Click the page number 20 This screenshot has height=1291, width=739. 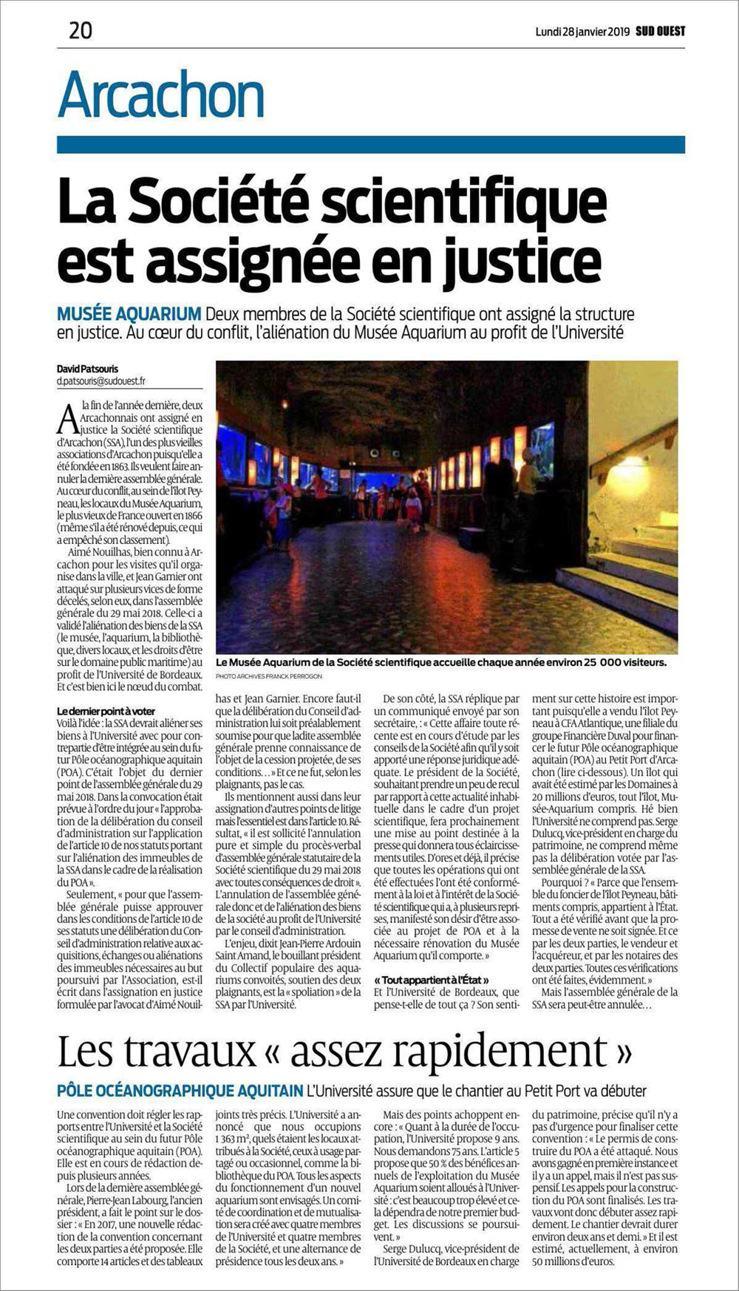click(x=81, y=30)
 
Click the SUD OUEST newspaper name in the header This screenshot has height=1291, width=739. click(x=660, y=31)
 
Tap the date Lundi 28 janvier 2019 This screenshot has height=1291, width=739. click(x=582, y=31)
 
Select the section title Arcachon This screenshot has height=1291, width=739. click(x=161, y=95)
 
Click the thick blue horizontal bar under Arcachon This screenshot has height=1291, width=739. click(x=370, y=144)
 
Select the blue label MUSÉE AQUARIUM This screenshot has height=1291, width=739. click(x=129, y=314)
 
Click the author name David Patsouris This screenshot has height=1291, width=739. click(x=87, y=369)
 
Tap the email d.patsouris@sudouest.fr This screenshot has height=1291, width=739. click(x=101, y=381)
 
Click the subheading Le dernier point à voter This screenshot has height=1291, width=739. click(x=106, y=711)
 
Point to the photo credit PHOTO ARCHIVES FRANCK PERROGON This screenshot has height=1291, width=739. click(x=269, y=676)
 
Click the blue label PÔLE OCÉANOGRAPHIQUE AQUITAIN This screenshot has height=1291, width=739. click(x=180, y=1090)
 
